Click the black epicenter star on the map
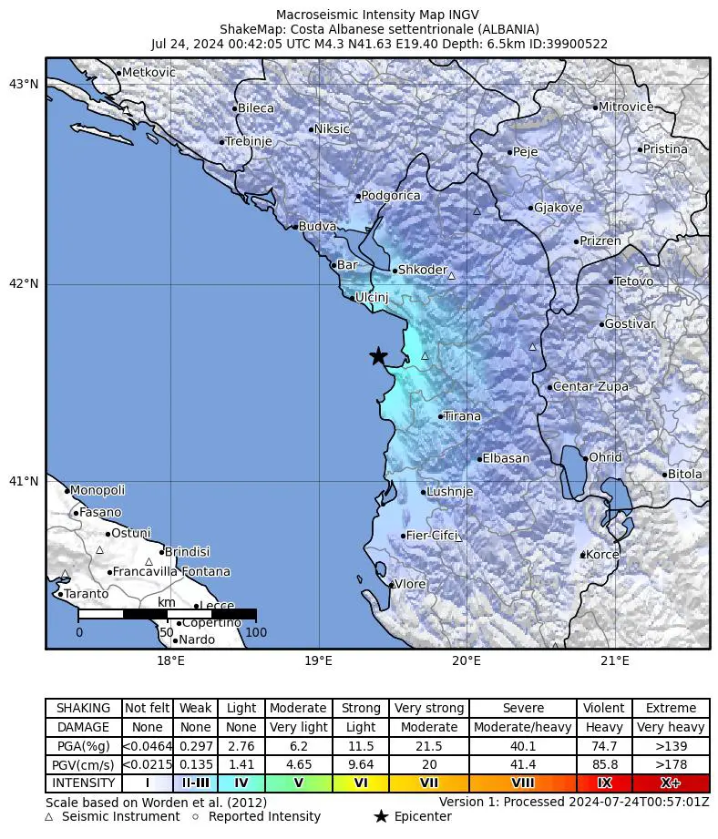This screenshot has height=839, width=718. point(378,356)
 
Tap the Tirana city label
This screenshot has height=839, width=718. point(462,416)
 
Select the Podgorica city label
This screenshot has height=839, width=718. point(391,196)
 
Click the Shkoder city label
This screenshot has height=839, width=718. point(423,271)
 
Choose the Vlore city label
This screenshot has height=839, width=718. point(410,584)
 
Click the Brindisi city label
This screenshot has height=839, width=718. point(188,551)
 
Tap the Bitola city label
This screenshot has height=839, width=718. point(685,474)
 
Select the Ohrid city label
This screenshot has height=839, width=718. point(606,457)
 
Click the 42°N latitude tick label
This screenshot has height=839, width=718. point(24,283)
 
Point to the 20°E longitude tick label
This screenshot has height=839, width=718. point(467,660)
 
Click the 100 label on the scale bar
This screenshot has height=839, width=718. point(256,632)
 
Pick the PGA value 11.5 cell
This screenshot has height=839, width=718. point(361,746)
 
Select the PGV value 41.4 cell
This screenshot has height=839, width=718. point(523,764)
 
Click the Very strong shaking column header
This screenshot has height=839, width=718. point(429,708)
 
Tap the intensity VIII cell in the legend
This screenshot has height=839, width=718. point(523,783)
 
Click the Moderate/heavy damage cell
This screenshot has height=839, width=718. point(523,727)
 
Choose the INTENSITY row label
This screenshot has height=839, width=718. point(84,783)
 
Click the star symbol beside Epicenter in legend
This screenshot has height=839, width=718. point(381,816)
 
